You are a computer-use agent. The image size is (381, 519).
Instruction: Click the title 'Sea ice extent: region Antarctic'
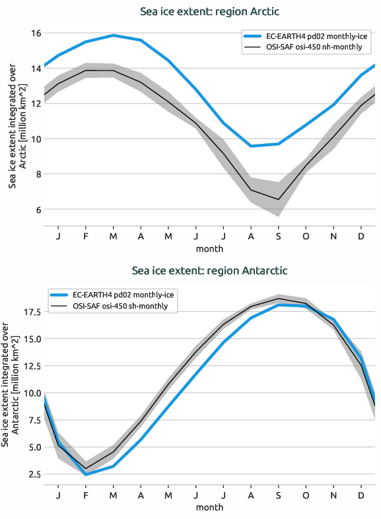209,270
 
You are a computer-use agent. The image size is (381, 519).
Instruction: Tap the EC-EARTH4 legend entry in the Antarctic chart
120,295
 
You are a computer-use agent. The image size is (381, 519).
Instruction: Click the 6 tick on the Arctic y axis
38,210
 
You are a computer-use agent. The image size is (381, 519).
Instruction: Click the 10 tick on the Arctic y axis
36,139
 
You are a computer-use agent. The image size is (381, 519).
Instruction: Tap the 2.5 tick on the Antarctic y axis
34,474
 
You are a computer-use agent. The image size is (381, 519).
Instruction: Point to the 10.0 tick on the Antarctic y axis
32,393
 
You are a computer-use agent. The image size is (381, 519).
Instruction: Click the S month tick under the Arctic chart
278,236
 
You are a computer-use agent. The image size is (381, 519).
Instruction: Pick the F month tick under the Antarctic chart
86,495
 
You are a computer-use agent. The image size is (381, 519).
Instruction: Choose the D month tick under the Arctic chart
361,236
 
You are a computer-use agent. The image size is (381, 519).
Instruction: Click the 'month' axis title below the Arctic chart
209,249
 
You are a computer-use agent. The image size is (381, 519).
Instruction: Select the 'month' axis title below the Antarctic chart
209,508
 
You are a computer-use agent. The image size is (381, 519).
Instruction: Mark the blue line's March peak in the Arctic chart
114,35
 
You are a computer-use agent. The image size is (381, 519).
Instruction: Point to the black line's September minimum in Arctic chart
278,199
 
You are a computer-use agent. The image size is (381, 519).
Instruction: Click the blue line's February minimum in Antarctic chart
86,475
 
